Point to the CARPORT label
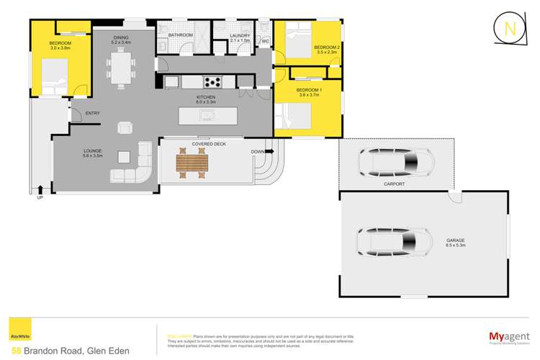pyautogui.click(x=394, y=184)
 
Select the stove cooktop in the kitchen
pyautogui.click(x=213, y=82)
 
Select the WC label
pyautogui.click(x=266, y=42)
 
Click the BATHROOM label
pyautogui.click(x=180, y=34)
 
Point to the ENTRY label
pyautogui.click(x=92, y=113)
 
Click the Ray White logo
pyautogui.click(x=15, y=336)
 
